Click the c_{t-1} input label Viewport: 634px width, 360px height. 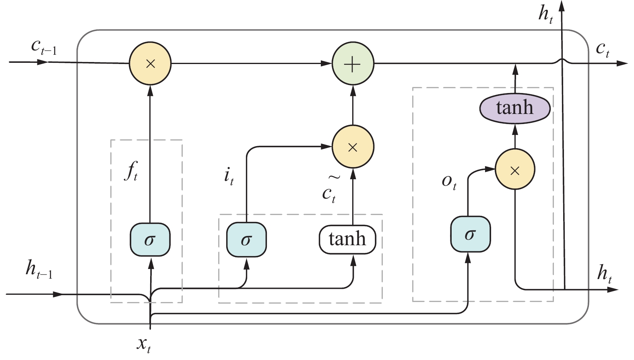pyautogui.click(x=44, y=48)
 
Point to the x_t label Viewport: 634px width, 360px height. pyautogui.click(x=144, y=345)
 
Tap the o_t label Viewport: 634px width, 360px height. pyautogui.click(x=449, y=182)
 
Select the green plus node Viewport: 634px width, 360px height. pyautogui.click(x=353, y=64)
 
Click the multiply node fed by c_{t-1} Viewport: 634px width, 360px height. pyautogui.click(x=150, y=64)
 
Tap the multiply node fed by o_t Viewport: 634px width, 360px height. pyautogui.click(x=515, y=170)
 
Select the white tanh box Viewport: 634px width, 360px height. pyautogui.click(x=347, y=240)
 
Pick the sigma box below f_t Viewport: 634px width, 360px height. pyautogui.click(x=150, y=240)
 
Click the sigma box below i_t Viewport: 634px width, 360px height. pyautogui.click(x=246, y=240)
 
